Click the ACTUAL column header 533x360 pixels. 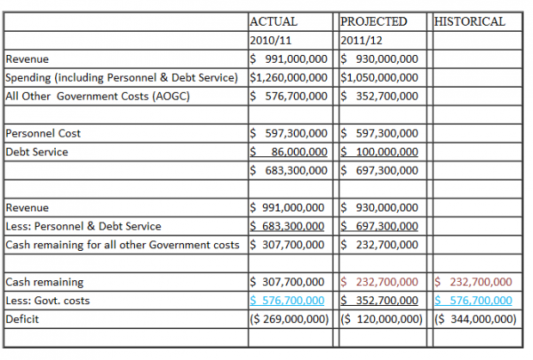273,21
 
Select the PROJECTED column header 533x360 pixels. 374,21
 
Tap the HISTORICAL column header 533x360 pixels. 470,21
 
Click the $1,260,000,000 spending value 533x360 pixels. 286,77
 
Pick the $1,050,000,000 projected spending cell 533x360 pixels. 379,77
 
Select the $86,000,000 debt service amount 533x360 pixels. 286,152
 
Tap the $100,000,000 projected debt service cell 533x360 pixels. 379,152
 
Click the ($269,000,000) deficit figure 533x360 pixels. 286,319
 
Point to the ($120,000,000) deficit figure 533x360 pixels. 379,319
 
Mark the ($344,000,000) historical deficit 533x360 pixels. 475,319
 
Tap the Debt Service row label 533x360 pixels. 37,152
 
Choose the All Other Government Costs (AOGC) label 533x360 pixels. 97,96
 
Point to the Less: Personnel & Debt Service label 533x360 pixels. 83,227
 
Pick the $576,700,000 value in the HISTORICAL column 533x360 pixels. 475,300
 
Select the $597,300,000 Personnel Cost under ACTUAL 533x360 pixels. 286,133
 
